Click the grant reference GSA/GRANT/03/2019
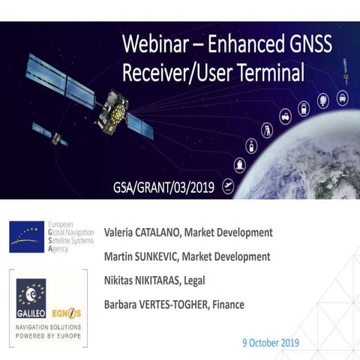(159, 185)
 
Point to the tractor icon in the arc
(285, 117)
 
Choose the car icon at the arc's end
(342, 97)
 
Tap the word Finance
(226, 304)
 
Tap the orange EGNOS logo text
(67, 312)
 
